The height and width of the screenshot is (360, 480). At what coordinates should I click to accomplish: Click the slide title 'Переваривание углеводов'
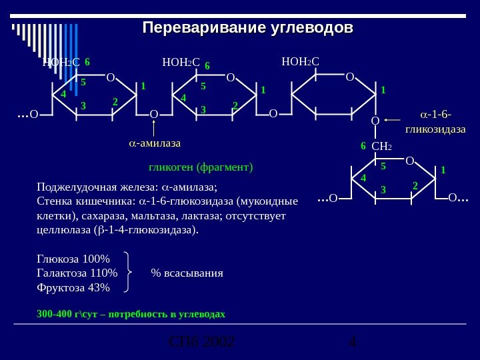[x=248, y=29]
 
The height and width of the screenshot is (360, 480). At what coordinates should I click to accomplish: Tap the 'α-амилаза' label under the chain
[x=155, y=143]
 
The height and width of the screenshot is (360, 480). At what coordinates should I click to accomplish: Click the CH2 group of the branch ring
[x=381, y=146]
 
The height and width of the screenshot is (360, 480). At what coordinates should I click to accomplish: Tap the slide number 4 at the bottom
[x=353, y=343]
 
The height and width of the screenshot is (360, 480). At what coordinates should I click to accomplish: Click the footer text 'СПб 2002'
[x=201, y=343]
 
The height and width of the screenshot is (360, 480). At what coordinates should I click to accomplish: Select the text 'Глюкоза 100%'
[x=73, y=259]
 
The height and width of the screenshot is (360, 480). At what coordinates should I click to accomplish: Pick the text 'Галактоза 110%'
[x=77, y=273]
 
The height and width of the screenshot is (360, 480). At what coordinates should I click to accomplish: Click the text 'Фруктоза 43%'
[x=73, y=287]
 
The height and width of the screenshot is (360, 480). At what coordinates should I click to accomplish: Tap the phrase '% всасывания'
[x=187, y=273]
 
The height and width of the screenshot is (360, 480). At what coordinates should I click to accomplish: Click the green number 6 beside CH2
[x=363, y=145]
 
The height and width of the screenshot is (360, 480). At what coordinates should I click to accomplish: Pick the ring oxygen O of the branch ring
[x=409, y=161]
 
